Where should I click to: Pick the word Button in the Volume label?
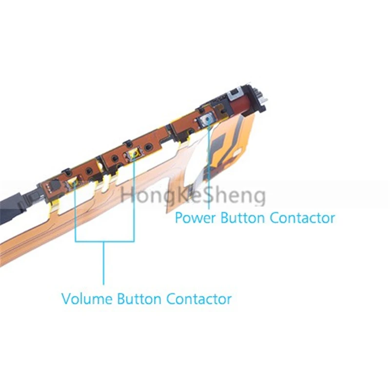pyautogui.click(x=140, y=298)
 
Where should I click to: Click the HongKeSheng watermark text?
pyautogui.click(x=193, y=196)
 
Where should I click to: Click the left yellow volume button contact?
pyautogui.click(x=74, y=183)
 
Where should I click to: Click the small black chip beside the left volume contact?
pyautogui.click(x=53, y=186)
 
